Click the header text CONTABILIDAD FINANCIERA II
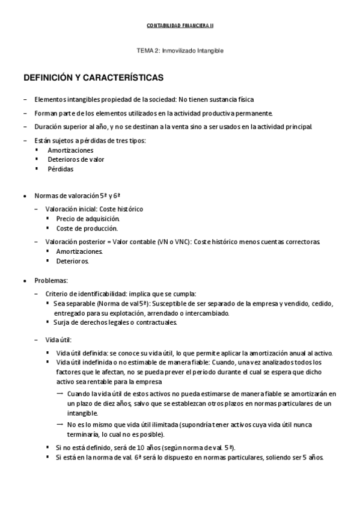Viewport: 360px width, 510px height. point(180,26)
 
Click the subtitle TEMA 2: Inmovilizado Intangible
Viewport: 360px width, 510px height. point(180,51)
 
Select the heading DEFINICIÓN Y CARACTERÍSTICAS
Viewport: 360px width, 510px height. point(97,78)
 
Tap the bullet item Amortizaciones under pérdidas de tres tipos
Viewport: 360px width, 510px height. point(70,150)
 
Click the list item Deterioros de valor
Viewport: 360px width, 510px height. point(76,159)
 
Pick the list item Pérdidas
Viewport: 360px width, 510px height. point(61,169)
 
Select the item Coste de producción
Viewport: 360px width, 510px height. point(79,228)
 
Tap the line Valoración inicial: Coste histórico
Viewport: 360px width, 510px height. point(94,209)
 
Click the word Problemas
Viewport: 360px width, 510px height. point(51,281)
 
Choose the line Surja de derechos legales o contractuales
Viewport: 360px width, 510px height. point(115,322)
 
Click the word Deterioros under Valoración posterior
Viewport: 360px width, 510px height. point(72,262)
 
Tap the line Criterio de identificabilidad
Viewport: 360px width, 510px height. point(120,293)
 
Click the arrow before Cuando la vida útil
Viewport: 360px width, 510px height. point(60,393)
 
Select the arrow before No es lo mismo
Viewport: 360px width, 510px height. point(60,424)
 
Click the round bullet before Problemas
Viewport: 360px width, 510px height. point(24,281)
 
